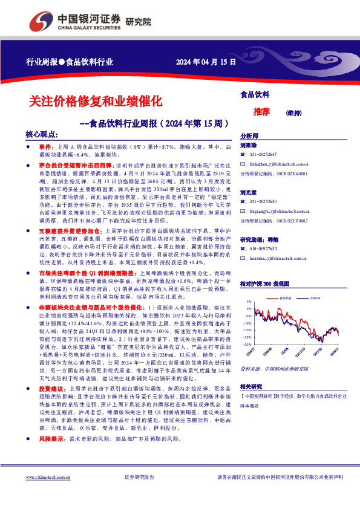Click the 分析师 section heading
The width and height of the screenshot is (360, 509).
pos(249,137)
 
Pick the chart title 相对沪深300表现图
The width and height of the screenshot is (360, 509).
pos(265,284)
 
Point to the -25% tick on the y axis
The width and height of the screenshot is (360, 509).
pos(248,345)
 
